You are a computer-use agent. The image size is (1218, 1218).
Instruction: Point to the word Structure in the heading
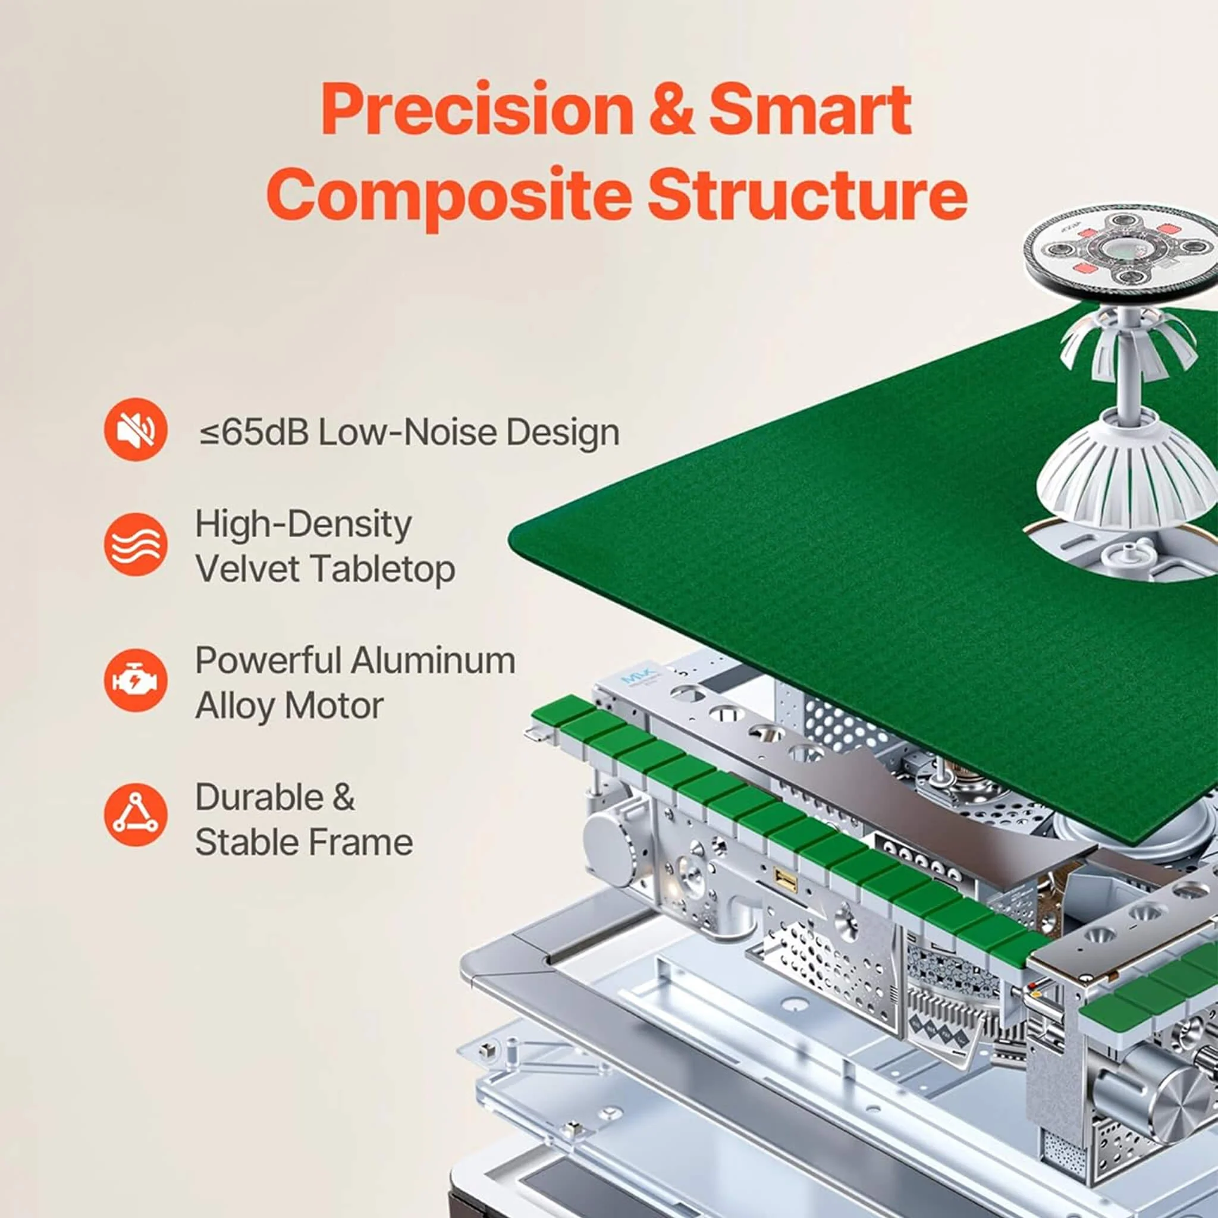pos(808,192)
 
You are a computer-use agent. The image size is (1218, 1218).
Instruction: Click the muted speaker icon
pos(136,429)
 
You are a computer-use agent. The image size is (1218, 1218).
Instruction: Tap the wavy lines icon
pos(136,545)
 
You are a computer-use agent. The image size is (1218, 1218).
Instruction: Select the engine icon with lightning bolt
pos(136,681)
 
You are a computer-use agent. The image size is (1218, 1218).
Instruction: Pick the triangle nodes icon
pos(136,815)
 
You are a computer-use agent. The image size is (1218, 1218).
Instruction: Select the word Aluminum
pos(433,661)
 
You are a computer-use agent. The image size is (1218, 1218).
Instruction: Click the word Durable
pos(259,797)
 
